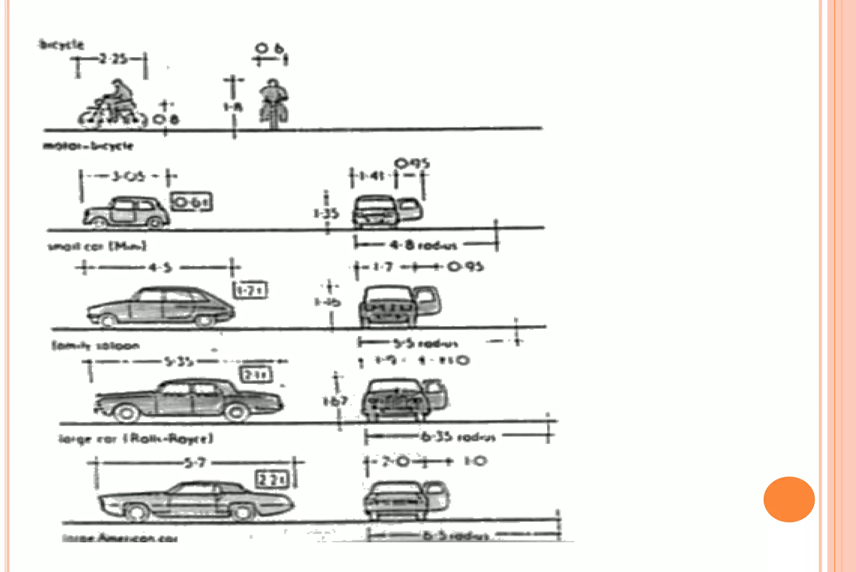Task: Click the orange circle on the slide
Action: click(789, 499)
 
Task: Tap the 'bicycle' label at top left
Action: click(61, 44)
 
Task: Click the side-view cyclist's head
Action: click(117, 83)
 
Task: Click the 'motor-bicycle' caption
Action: click(88, 146)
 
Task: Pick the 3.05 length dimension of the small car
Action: click(128, 176)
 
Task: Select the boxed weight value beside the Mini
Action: click(192, 202)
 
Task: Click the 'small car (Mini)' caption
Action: click(97, 246)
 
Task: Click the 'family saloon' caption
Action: click(95, 346)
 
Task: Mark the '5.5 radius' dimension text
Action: click(425, 343)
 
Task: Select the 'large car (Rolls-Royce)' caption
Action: click(136, 438)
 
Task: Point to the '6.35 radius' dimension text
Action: click(458, 437)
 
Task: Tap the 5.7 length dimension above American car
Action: click(196, 463)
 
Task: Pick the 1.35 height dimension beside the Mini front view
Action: click(326, 214)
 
